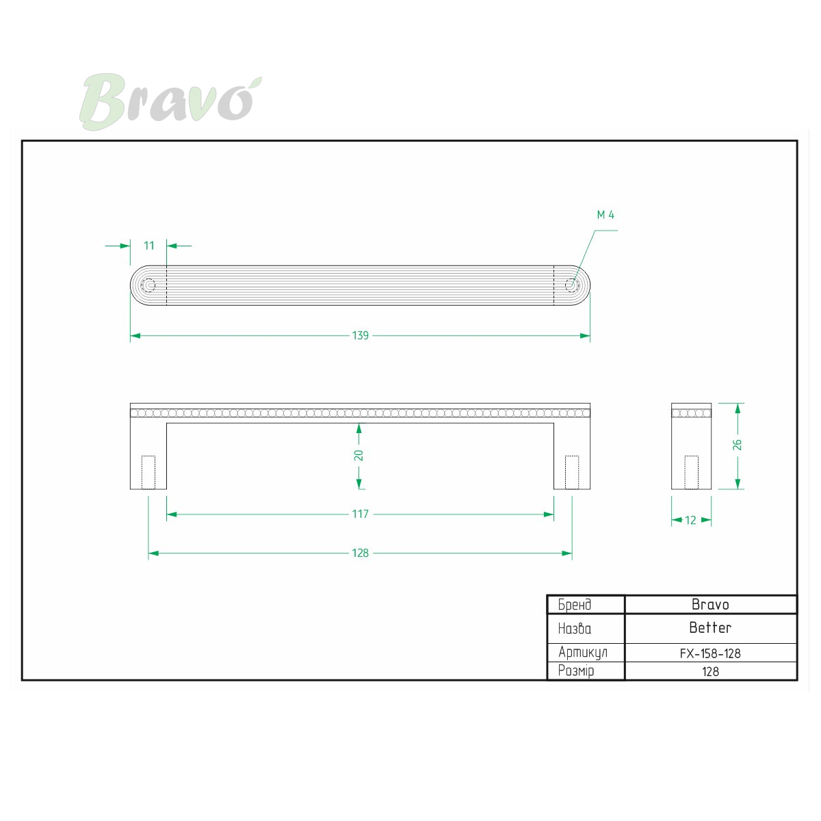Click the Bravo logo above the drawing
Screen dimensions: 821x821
point(170,101)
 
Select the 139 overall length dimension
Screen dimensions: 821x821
point(360,336)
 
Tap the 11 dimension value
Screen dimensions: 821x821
point(148,246)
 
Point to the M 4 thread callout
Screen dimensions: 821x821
point(605,215)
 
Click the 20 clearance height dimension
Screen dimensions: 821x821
point(359,456)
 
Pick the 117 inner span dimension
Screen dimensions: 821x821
point(360,514)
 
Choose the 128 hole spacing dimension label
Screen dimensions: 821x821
point(360,553)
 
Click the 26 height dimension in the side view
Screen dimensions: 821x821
point(737,445)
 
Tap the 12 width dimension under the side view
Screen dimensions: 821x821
point(690,520)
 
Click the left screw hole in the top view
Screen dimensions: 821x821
point(148,285)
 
